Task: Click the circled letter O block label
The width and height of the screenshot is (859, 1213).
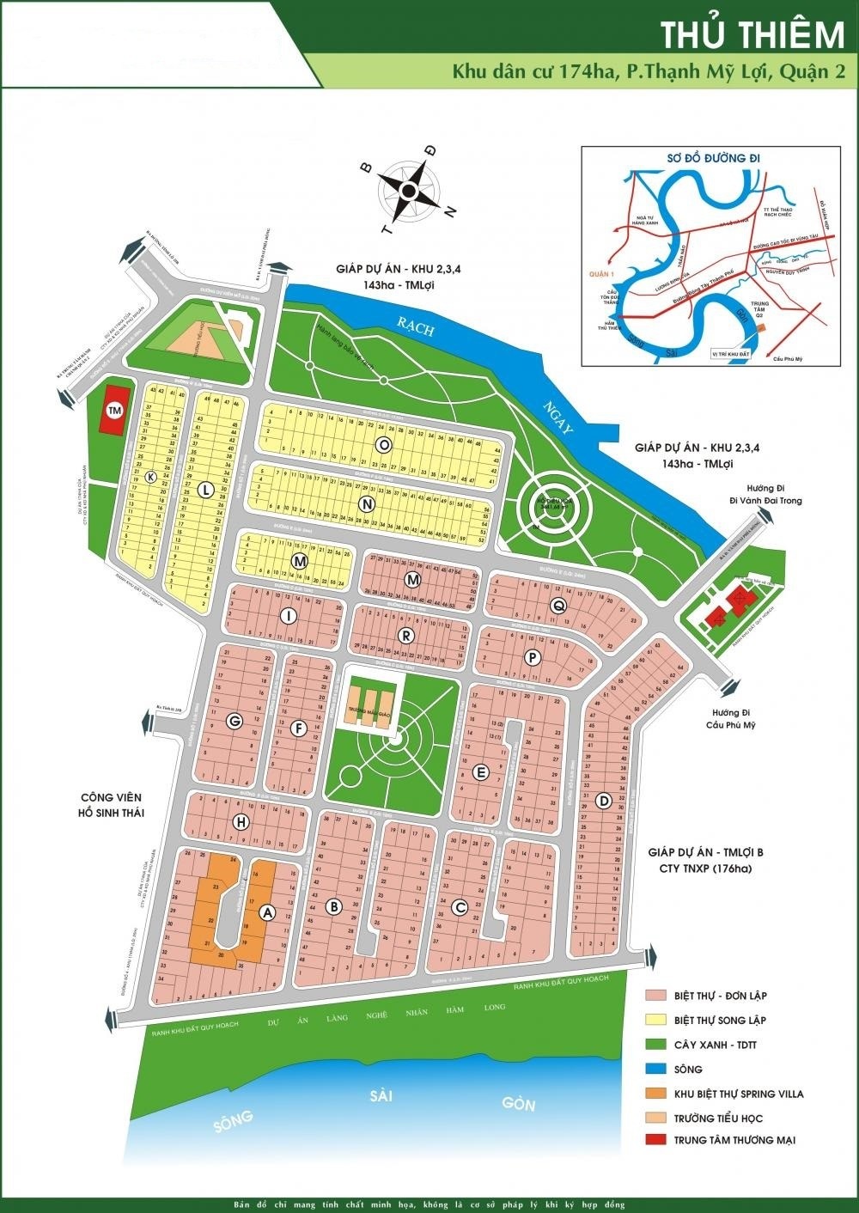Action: pyautogui.click(x=384, y=443)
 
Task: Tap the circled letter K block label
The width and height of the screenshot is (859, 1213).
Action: pyautogui.click(x=151, y=478)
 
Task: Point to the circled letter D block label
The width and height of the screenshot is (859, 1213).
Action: pyautogui.click(x=604, y=801)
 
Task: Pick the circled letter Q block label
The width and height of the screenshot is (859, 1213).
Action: pyautogui.click(x=558, y=606)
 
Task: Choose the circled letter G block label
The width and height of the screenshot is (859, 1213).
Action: pyautogui.click(x=232, y=722)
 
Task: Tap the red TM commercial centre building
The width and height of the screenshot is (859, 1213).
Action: pyautogui.click(x=113, y=412)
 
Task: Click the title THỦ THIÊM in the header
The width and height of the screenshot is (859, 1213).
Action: pyautogui.click(x=752, y=35)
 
